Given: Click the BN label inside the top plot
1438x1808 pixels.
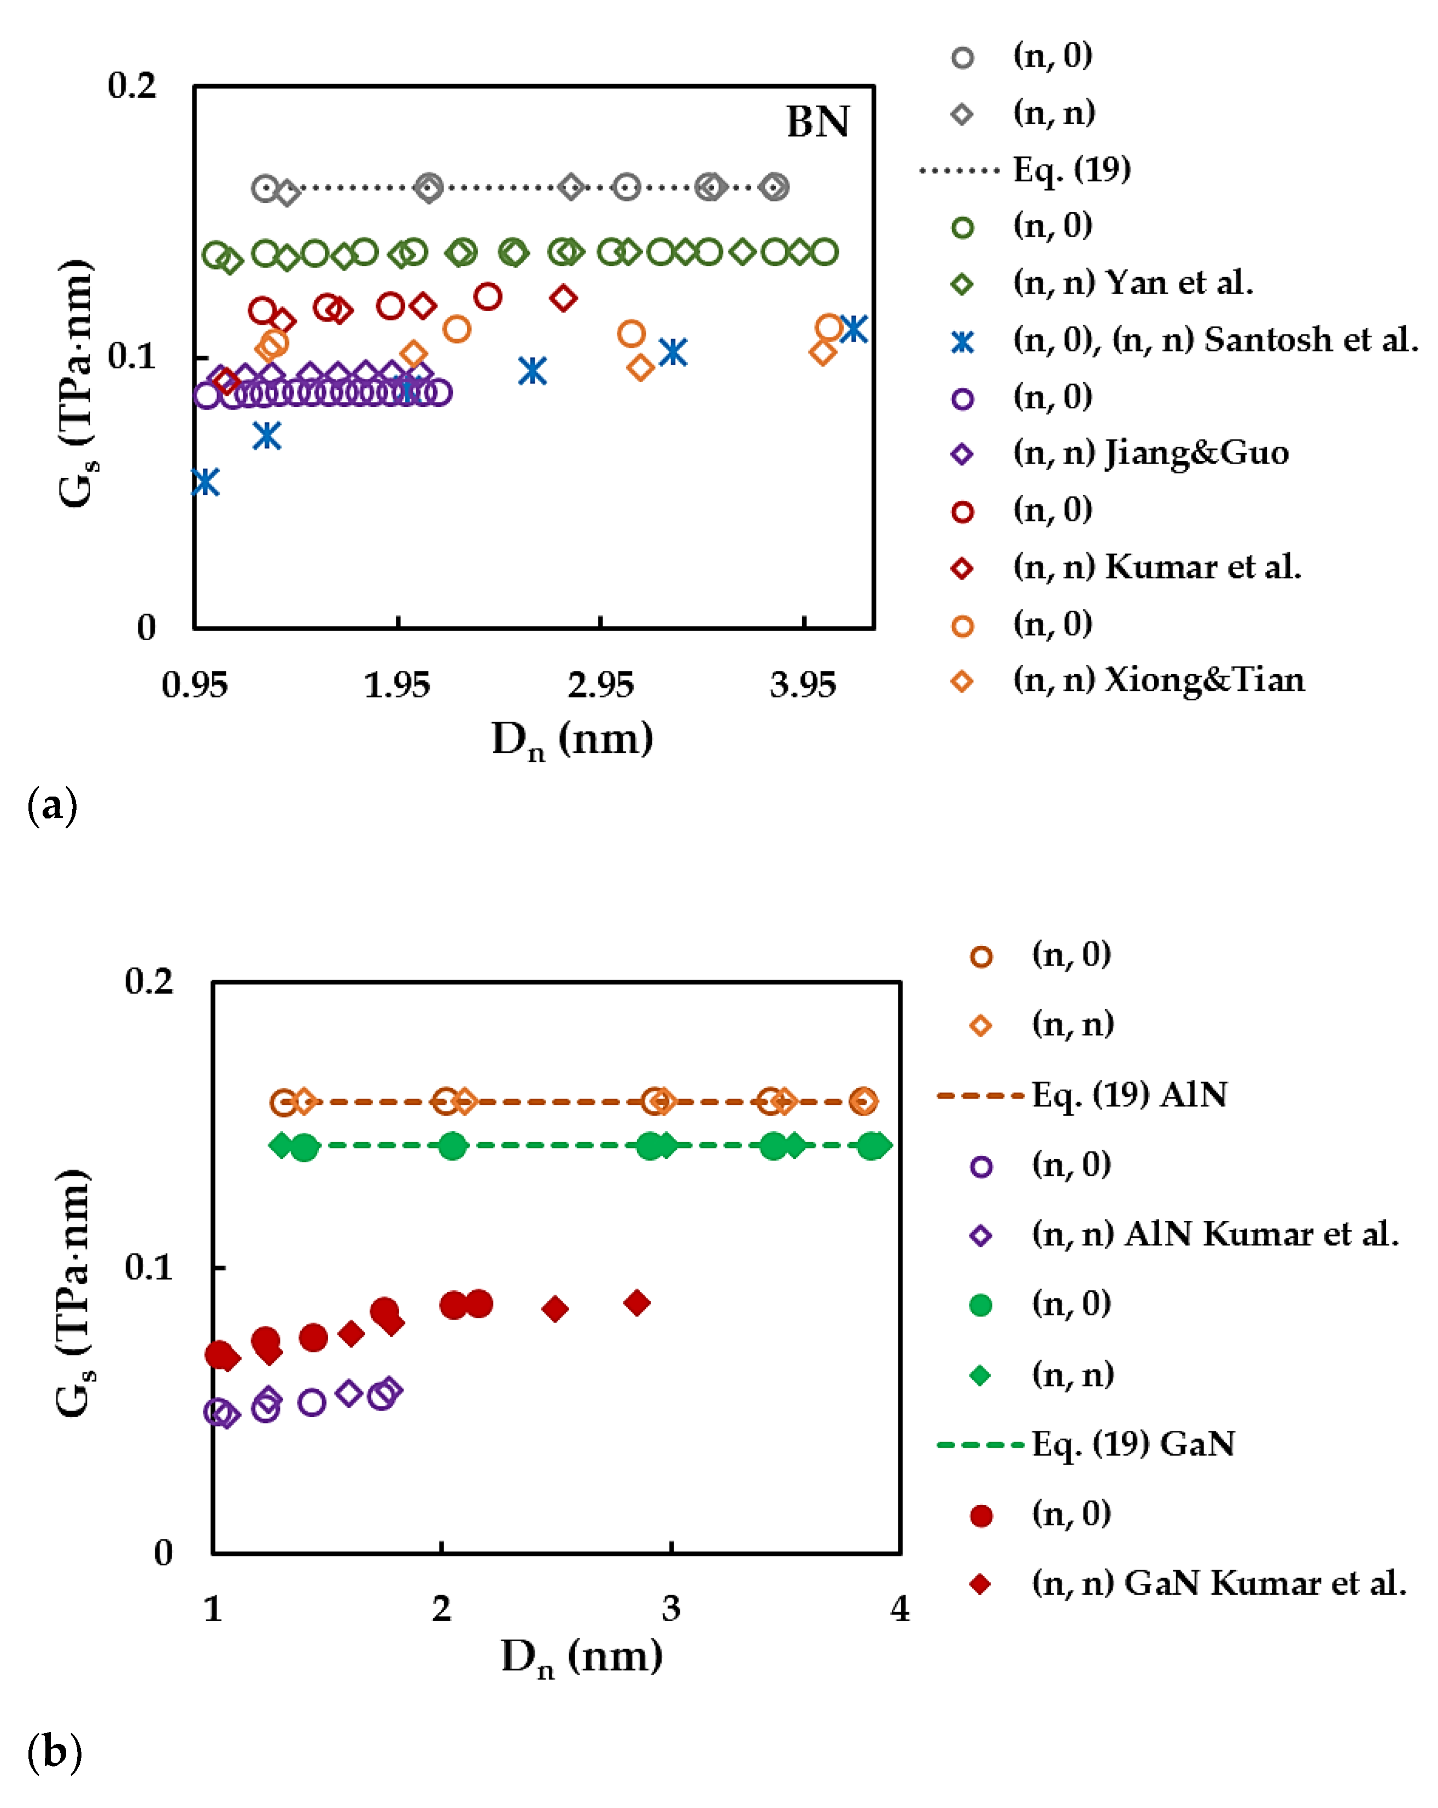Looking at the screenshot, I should click(817, 122).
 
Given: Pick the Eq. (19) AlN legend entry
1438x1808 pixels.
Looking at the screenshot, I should click(1129, 1095).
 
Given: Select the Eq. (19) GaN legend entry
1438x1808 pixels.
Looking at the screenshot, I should click(1132, 1444).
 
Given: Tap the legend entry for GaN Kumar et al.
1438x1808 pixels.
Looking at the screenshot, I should click(1218, 1583).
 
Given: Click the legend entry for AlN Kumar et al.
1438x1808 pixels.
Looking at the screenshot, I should click(1214, 1234).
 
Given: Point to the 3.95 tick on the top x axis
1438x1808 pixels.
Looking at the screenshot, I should click(803, 686).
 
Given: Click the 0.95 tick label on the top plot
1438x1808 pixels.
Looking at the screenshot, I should click(195, 686).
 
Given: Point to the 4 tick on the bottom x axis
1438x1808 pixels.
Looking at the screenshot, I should click(899, 1608).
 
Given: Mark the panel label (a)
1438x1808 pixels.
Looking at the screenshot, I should click(52, 806).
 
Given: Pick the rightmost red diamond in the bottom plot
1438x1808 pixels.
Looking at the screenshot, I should click(637, 1302).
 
